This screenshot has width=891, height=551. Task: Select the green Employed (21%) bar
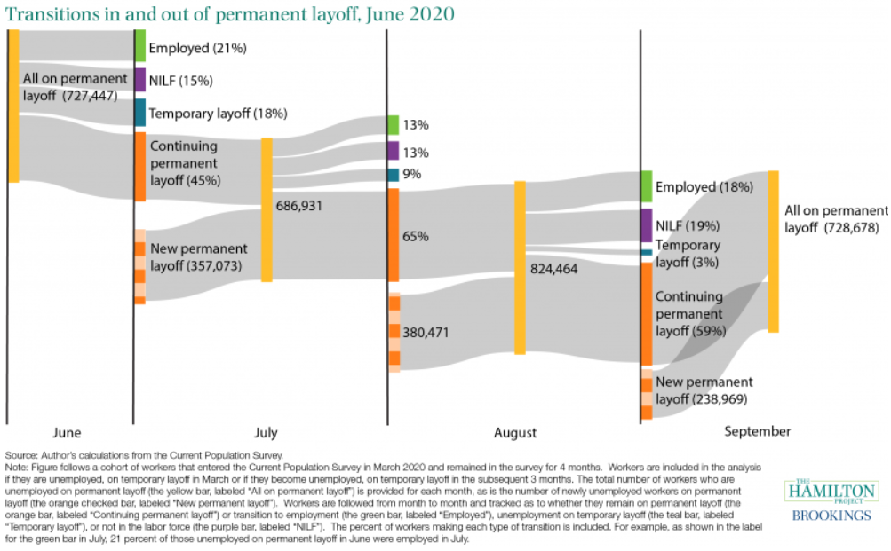tap(140, 45)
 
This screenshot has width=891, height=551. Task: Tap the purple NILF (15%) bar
tap(140, 80)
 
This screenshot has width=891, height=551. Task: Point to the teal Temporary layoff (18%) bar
tap(140, 113)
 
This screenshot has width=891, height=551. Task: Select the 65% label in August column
tap(416, 237)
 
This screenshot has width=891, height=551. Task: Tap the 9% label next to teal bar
tap(411, 175)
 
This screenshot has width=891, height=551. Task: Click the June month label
tap(67, 433)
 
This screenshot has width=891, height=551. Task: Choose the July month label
tap(266, 433)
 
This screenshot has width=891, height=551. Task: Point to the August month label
tap(515, 433)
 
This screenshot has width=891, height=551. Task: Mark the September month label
tap(757, 431)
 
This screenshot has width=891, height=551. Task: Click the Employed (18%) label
tap(704, 187)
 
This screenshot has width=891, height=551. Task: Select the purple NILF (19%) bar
tap(647, 225)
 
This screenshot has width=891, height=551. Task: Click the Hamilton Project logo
tap(830, 491)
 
